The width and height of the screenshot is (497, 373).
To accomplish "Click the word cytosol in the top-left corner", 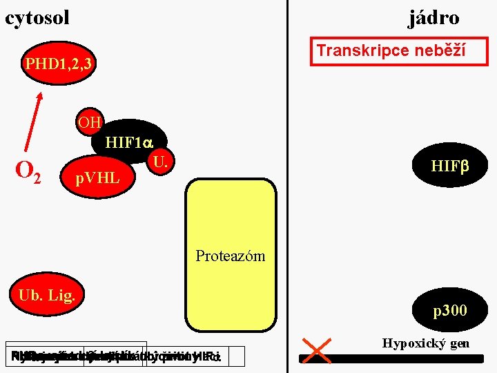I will click(37, 17).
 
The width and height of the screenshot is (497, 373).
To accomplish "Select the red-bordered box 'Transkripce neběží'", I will click(398, 51).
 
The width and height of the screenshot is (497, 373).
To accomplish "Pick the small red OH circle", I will click(90, 123).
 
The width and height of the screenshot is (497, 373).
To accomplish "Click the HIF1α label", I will click(128, 143).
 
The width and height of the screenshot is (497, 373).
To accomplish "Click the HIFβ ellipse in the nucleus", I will click(449, 166).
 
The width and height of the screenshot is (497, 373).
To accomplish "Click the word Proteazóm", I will click(230, 256).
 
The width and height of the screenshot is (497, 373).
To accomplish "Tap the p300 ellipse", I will click(449, 311).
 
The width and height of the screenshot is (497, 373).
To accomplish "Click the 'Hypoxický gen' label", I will click(425, 343).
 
